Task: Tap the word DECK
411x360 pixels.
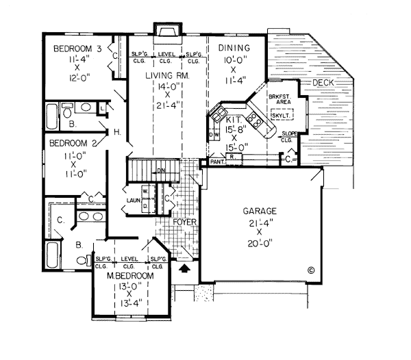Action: tap(322, 83)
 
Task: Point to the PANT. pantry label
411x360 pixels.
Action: tap(217, 163)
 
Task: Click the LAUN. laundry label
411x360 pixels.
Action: tap(134, 201)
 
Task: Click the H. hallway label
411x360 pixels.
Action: tap(117, 131)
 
